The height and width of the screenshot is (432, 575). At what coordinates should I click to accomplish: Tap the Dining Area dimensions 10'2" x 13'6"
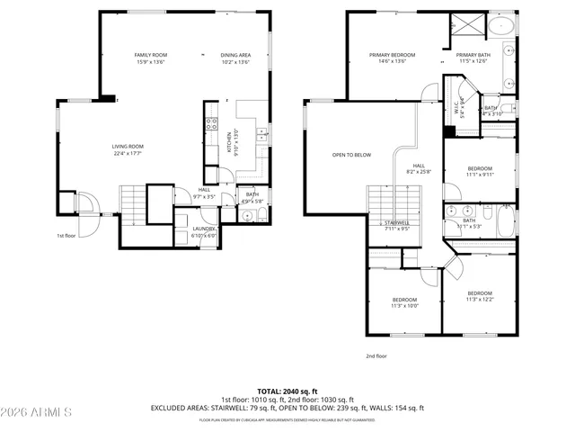tap(235, 63)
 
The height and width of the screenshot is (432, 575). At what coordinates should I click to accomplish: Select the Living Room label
tap(128, 147)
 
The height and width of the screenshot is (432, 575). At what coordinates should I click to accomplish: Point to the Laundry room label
tap(203, 229)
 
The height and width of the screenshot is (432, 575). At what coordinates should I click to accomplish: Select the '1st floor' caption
tap(66, 236)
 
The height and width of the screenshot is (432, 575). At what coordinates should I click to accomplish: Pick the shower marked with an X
tap(468, 26)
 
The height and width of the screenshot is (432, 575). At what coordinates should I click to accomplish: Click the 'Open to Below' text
tap(351, 155)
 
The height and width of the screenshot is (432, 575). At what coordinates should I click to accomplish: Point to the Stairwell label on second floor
tap(397, 222)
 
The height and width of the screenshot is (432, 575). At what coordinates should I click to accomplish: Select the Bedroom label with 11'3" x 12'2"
tap(479, 292)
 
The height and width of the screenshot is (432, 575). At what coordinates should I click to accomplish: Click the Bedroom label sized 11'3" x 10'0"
tap(404, 300)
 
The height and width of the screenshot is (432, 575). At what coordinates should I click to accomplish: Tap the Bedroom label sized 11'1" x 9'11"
tap(480, 168)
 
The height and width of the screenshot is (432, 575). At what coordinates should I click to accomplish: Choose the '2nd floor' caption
tap(376, 356)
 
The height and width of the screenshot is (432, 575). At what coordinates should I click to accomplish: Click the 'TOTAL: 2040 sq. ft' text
tap(287, 391)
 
